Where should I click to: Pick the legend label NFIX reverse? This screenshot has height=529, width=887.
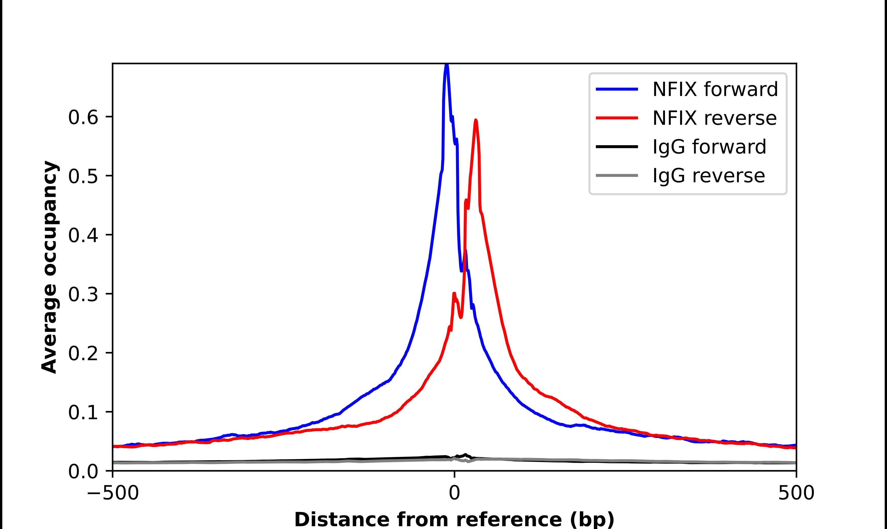[x=714, y=118]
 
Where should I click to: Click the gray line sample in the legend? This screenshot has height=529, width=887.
[x=617, y=175]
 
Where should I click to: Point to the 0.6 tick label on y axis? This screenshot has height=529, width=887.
[x=83, y=117]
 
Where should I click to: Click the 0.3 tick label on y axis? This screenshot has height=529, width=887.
[x=83, y=294]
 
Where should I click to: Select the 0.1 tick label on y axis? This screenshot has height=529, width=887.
[x=83, y=412]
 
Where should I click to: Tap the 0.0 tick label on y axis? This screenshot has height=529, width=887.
[x=83, y=471]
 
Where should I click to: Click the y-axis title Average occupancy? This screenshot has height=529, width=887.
[x=49, y=267]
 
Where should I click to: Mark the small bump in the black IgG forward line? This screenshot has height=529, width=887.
[x=465, y=455]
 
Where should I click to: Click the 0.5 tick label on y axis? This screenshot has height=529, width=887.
[x=83, y=176]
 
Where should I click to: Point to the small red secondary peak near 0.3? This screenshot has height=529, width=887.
[x=454, y=293]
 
